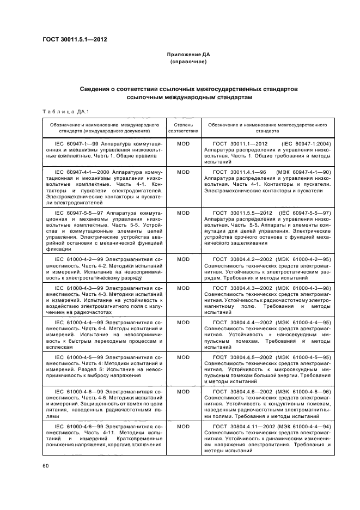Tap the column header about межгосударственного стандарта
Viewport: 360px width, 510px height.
[x=267, y=127]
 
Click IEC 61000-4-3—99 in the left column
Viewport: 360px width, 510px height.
[x=76, y=287]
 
